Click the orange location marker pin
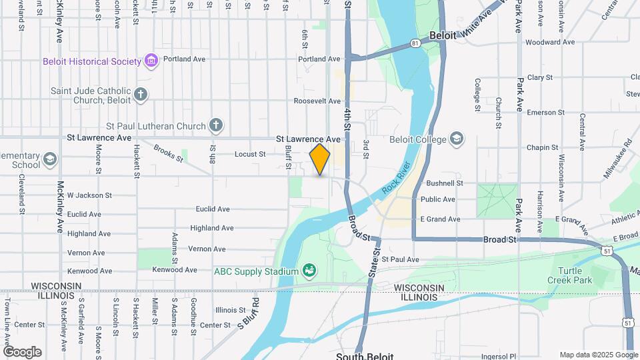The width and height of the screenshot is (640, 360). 320,159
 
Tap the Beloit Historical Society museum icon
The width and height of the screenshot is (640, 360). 151,61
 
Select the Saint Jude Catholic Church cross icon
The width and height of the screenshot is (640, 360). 140,94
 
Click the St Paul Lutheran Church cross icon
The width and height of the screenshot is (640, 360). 215,125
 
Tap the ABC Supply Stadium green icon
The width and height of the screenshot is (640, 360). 309,271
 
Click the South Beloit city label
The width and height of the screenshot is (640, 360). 360,355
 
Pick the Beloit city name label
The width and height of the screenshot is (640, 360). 443,36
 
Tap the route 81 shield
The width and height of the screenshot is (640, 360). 415,43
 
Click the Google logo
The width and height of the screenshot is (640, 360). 22,351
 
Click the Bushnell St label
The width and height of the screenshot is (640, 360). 445,183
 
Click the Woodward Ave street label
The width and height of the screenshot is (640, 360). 550,42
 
